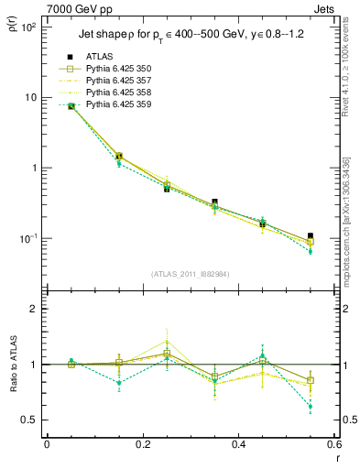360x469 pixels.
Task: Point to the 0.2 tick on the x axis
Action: click(142, 446)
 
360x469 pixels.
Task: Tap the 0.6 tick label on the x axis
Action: click(333, 446)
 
